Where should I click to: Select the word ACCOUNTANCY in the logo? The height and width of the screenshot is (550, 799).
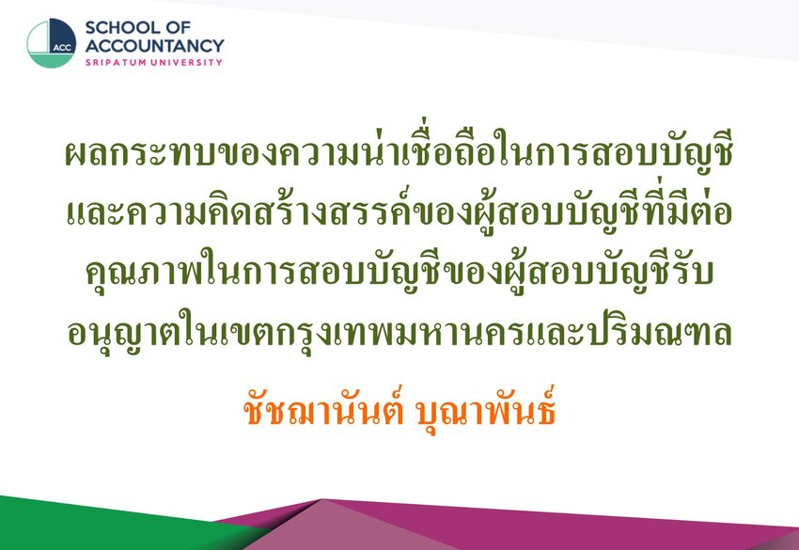point(154,46)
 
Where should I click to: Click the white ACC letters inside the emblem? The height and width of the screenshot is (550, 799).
point(62,47)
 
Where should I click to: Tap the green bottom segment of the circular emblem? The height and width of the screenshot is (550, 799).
point(51,60)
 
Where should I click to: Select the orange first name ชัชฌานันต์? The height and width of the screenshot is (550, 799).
point(323,410)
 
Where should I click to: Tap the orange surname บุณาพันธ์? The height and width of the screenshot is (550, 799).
point(486,410)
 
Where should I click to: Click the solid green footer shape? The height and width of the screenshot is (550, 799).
point(102,525)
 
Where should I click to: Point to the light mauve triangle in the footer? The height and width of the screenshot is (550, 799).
point(356,530)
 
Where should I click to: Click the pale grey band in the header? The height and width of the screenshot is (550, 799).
point(560,21)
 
